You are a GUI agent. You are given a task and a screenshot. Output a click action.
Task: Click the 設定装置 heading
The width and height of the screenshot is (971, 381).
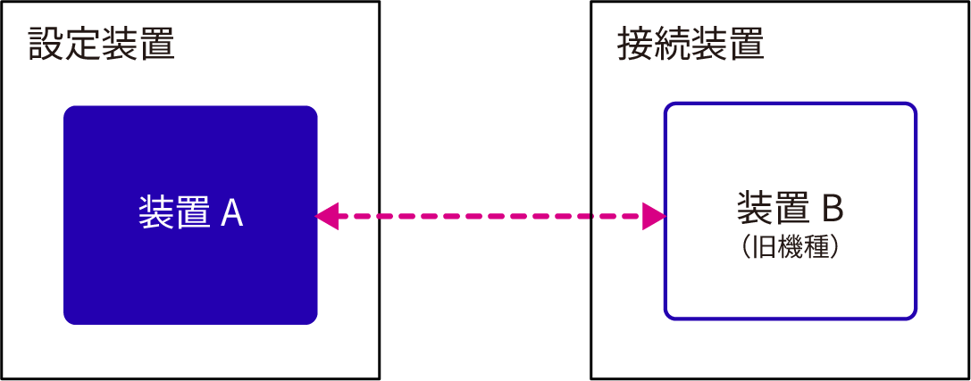(101, 43)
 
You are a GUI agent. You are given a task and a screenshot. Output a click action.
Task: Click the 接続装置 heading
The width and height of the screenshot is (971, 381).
(691, 43)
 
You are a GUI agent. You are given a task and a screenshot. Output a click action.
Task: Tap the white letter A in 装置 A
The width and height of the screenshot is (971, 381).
(231, 214)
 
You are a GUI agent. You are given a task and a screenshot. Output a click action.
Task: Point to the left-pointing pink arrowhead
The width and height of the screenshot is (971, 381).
(328, 216)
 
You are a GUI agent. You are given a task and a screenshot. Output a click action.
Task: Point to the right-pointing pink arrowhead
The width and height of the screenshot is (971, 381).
(654, 216)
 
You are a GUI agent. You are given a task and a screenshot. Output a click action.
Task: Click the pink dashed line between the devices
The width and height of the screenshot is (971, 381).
(491, 216)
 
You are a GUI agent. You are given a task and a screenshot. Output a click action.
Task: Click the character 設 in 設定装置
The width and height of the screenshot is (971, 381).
(46, 43)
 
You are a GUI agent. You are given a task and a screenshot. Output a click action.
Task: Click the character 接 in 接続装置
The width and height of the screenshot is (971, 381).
(636, 43)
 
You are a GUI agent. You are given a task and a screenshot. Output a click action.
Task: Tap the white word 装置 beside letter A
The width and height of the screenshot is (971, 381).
(174, 214)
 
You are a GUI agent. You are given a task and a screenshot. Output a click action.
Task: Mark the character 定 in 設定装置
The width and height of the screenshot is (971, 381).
(83, 43)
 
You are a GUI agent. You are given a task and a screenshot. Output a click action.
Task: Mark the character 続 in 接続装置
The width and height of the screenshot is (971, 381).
(673, 43)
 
